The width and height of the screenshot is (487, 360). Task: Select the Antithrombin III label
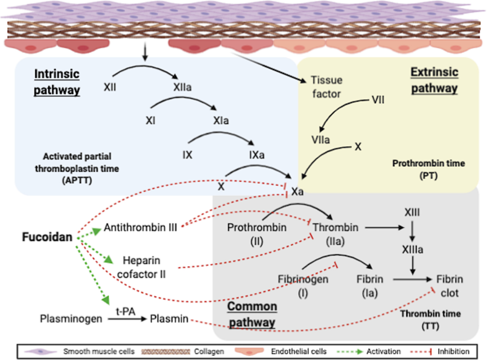[x=140, y=227]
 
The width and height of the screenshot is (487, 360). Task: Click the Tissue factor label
[x=327, y=87]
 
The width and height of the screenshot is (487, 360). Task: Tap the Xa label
[x=298, y=191]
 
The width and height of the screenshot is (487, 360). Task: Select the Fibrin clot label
[x=450, y=286]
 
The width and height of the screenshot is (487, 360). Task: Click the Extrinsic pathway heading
[x=434, y=81]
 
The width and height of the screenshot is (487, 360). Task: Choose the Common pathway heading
[x=252, y=314]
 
